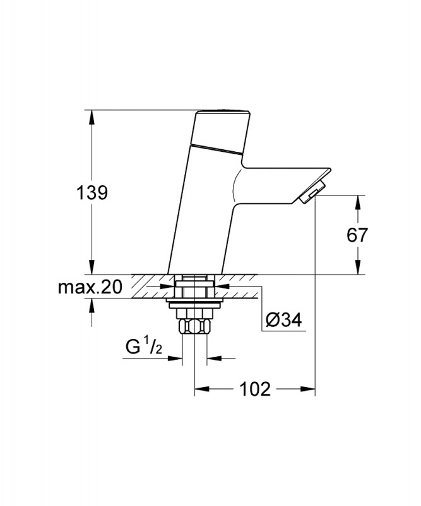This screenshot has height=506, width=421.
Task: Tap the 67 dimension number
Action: tap(357, 235)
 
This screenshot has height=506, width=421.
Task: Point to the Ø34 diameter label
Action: tap(283, 321)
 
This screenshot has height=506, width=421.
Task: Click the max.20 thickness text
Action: tap(90, 288)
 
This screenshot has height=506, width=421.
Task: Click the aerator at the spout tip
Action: tap(311, 193)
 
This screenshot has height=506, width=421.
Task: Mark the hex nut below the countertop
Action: tap(194, 326)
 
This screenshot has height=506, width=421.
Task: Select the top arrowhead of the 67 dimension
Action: tap(358, 201)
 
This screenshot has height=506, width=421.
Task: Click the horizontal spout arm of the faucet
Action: tap(284, 179)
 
